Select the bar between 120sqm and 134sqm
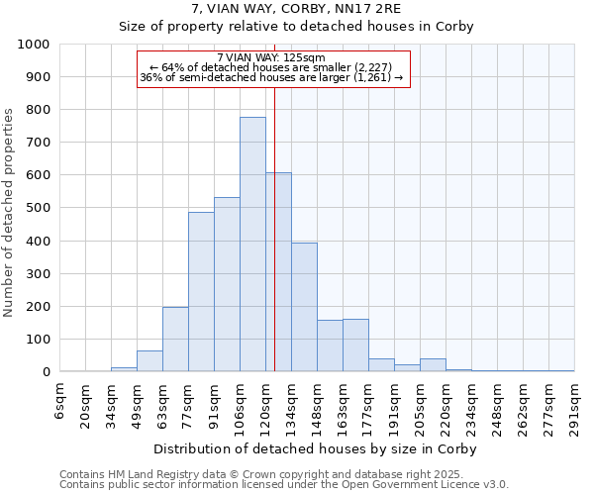[x=278, y=272]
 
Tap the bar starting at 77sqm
[x=201, y=292]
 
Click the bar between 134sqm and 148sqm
[x=304, y=307]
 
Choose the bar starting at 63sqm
[x=175, y=340]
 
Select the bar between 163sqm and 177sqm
[x=355, y=346]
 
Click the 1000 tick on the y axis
[x=33, y=45]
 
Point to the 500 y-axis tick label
[x=37, y=209]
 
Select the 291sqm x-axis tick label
[x=575, y=403]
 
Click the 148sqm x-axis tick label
[x=318, y=403]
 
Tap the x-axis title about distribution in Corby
[x=317, y=449]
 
